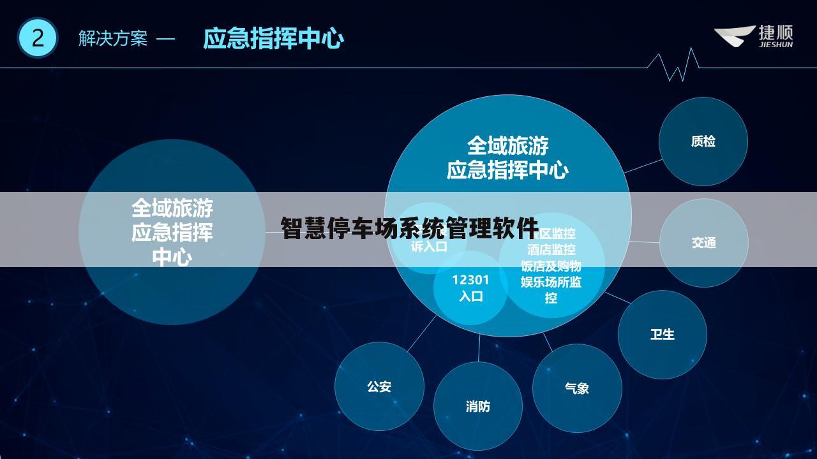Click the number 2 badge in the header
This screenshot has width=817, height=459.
37,38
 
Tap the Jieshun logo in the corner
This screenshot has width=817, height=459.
753,36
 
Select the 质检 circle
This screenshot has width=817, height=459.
703,142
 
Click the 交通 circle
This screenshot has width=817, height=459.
703,243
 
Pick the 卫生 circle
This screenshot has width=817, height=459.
662,335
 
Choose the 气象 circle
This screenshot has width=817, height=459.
576,388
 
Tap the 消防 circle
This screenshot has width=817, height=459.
477,406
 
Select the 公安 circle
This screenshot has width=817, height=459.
379,386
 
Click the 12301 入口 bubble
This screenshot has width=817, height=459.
471,288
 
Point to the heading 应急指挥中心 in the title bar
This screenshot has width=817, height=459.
273,39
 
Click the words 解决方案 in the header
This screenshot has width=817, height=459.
112,39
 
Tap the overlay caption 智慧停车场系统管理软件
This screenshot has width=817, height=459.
409,228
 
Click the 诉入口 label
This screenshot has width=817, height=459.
429,247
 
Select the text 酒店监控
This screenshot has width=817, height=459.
551,250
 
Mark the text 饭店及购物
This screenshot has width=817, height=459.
551,266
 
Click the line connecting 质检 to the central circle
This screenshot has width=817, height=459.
643,166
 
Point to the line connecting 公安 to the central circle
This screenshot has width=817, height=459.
421,333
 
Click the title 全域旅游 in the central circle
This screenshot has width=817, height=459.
507,146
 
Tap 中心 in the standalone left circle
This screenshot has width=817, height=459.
172,258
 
